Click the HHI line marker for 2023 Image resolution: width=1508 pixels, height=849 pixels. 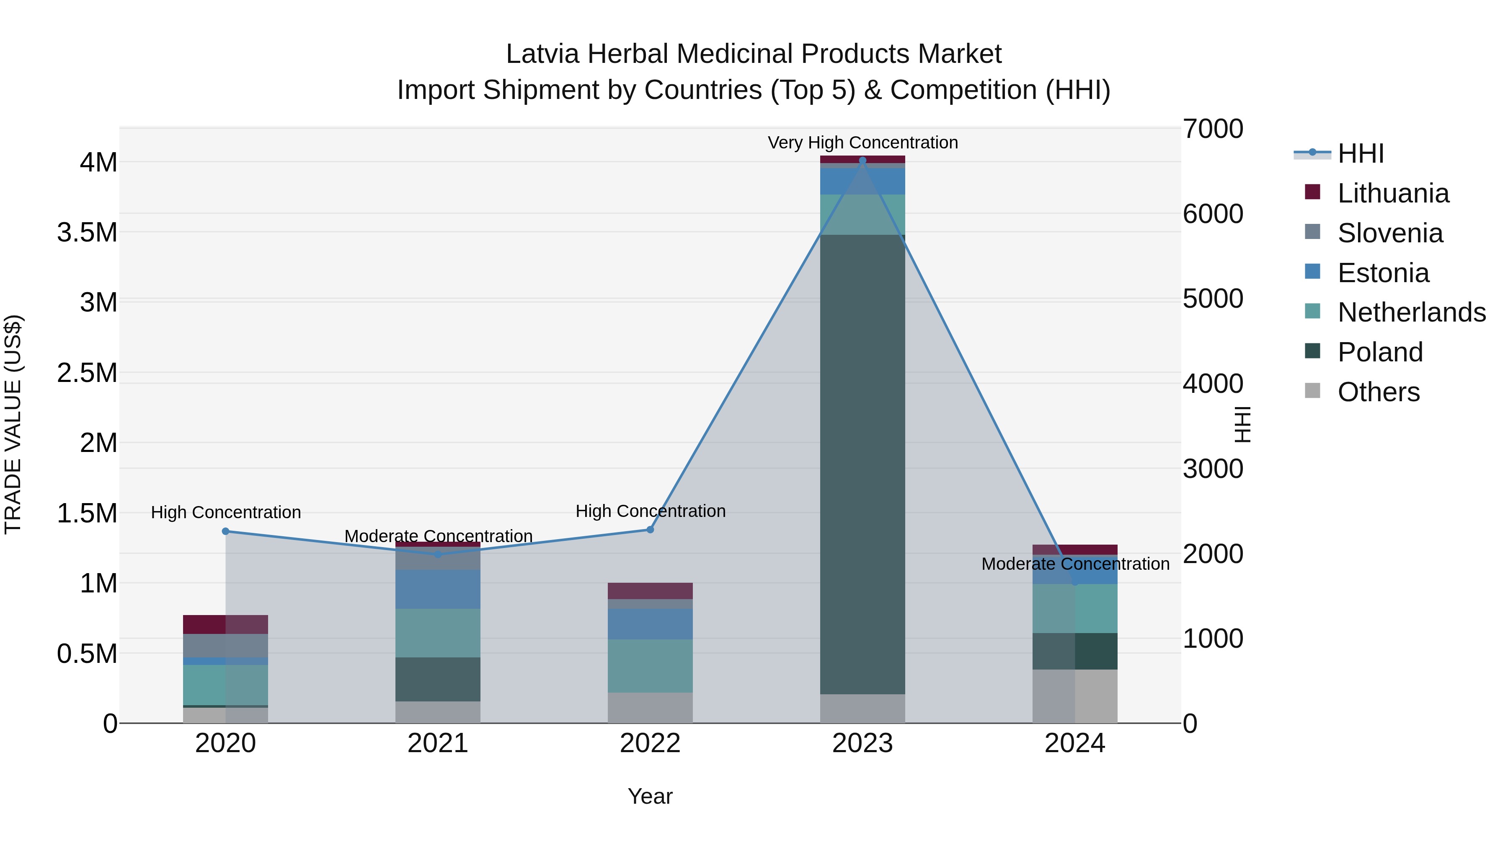point(862,161)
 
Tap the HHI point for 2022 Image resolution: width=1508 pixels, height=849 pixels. point(650,530)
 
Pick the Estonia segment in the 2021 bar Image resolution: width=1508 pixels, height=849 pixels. point(438,589)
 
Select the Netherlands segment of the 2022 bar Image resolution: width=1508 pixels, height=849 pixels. point(650,666)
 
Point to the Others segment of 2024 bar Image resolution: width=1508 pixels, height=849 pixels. point(1075,696)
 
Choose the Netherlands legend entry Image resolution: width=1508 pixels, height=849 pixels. point(1411,312)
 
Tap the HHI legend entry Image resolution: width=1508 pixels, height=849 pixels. point(1360,153)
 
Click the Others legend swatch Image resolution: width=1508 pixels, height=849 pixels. point(1312,391)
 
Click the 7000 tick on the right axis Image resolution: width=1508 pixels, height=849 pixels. point(1212,129)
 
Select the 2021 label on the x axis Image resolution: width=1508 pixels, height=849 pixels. point(438,743)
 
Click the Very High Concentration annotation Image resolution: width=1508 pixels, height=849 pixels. point(862,143)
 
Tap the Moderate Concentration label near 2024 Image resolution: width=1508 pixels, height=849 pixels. point(1075,563)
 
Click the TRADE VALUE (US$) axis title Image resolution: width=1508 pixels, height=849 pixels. point(13,424)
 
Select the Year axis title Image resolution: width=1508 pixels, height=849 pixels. point(650,796)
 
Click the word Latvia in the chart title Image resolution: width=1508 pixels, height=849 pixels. point(542,54)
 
